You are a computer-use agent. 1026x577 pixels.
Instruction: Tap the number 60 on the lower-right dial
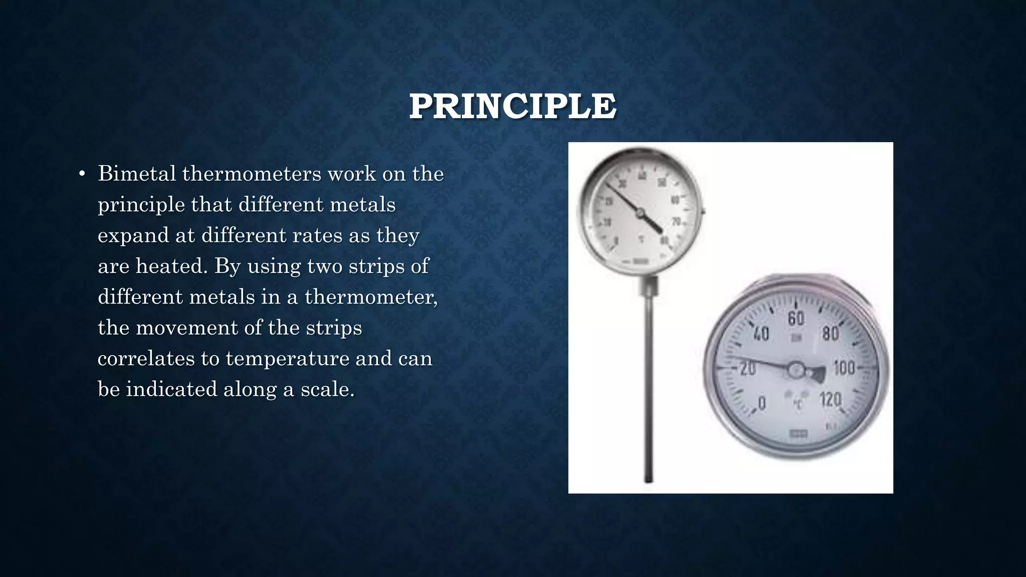[x=796, y=318]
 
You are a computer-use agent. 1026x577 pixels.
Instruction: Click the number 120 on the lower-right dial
[x=830, y=400]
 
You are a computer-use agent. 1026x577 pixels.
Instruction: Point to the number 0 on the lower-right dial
[x=762, y=403]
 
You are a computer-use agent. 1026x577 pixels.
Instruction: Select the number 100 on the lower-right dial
[x=844, y=368]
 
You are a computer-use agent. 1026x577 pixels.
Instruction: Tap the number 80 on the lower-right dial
[x=830, y=333]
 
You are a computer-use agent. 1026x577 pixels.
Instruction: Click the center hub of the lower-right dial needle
[x=796, y=371]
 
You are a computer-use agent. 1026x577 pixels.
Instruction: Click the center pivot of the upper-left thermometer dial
[x=640, y=213]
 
